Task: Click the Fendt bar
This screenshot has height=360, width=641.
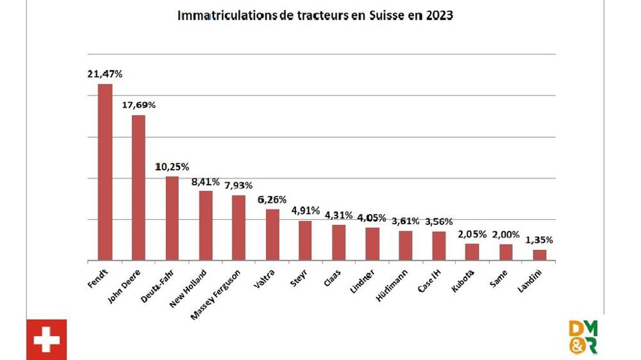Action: coord(105,172)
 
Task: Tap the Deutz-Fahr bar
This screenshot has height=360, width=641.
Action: coord(172,218)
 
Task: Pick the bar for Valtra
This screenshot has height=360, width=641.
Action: coord(272,234)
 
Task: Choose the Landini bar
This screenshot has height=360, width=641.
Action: coord(540,255)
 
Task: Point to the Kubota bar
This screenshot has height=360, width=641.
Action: coord(472,252)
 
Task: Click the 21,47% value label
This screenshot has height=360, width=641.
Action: coord(104,74)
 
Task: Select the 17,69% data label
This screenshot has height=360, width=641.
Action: coord(138,104)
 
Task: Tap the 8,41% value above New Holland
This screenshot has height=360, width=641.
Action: coord(205,181)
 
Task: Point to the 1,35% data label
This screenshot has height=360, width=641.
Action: coord(539,240)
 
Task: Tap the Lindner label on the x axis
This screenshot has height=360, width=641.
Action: coord(365,279)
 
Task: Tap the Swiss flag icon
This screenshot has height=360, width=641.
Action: coord(46,340)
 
